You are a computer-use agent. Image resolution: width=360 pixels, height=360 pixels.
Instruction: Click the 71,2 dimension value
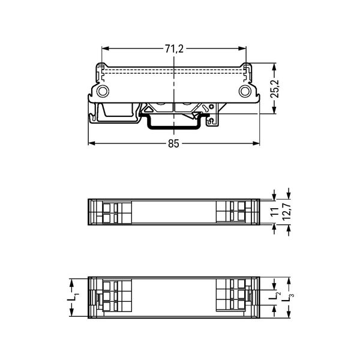(x=174, y=49)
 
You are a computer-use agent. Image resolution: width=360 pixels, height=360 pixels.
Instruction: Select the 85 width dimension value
(x=173, y=144)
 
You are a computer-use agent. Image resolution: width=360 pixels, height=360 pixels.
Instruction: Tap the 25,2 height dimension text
(x=275, y=89)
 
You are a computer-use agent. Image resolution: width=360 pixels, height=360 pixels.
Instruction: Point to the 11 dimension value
(x=274, y=212)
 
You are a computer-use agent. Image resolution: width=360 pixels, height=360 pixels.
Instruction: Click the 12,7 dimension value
(x=287, y=212)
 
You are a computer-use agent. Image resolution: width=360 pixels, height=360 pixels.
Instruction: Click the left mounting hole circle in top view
(x=103, y=91)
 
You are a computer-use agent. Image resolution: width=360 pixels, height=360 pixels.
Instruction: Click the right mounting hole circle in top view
(x=245, y=91)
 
